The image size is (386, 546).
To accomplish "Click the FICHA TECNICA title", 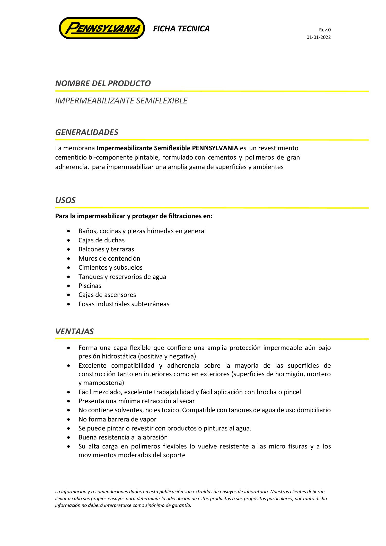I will tap(181, 29).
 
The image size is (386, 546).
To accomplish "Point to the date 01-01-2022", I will tap(318, 37).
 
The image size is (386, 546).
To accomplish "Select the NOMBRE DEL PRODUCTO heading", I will tap(103, 84).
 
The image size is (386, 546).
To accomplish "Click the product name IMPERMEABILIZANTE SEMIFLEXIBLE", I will tap(121, 101).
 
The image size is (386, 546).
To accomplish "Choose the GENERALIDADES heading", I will tap(87, 132).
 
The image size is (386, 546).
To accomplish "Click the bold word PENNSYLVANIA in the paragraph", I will tap(215, 148).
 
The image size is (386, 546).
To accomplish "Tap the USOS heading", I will tap(65, 200).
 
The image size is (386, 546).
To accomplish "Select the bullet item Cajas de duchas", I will tap(101, 240).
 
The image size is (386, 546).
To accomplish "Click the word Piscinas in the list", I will tap(90, 286).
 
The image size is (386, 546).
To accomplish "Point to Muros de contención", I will tap(109, 259).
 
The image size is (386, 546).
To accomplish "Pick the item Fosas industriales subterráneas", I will tap(124, 304).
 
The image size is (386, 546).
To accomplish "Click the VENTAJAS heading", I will tap(74, 331).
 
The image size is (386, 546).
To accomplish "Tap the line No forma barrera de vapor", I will tap(117, 419).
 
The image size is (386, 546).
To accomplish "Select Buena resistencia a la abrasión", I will tap(123, 437).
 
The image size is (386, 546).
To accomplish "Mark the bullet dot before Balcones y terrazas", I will tap(68, 250).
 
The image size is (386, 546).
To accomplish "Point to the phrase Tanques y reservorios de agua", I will tap(122, 277).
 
